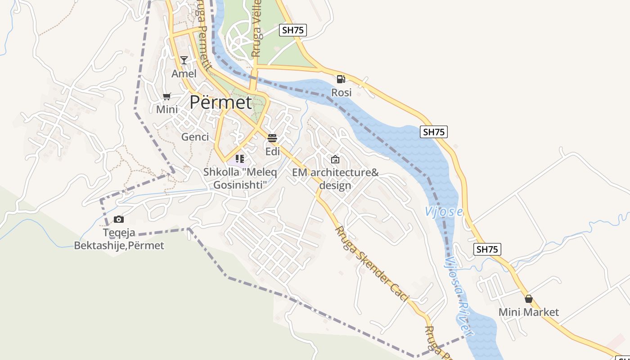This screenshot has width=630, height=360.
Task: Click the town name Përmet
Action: tap(220, 103)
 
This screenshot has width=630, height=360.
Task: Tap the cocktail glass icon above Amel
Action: tap(184, 60)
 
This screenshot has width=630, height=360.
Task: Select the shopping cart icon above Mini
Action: tap(166, 96)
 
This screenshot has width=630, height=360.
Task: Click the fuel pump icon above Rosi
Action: tap(341, 79)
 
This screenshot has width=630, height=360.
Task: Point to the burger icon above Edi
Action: tap(272, 138)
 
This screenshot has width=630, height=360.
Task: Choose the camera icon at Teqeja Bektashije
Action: tap(119, 219)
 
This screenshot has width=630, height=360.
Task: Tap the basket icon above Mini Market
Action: tap(529, 299)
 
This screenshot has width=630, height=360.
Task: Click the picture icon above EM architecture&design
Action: tap(335, 159)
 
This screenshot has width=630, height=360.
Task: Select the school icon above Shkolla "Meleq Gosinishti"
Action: tap(240, 158)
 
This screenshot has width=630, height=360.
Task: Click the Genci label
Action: tap(195, 137)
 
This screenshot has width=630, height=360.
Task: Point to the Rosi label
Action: tap(341, 93)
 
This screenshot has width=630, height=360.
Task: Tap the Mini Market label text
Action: tap(529, 312)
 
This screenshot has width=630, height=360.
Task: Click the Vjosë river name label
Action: tap(444, 211)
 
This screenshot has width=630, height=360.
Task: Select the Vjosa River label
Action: tap(459, 297)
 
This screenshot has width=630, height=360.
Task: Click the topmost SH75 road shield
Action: tap(293, 30)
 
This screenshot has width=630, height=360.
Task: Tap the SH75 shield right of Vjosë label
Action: tap(487, 249)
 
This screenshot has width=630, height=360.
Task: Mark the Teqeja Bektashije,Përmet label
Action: tap(119, 239)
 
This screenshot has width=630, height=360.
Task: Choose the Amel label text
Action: tap(184, 73)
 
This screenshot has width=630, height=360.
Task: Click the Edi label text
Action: tap(272, 151)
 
